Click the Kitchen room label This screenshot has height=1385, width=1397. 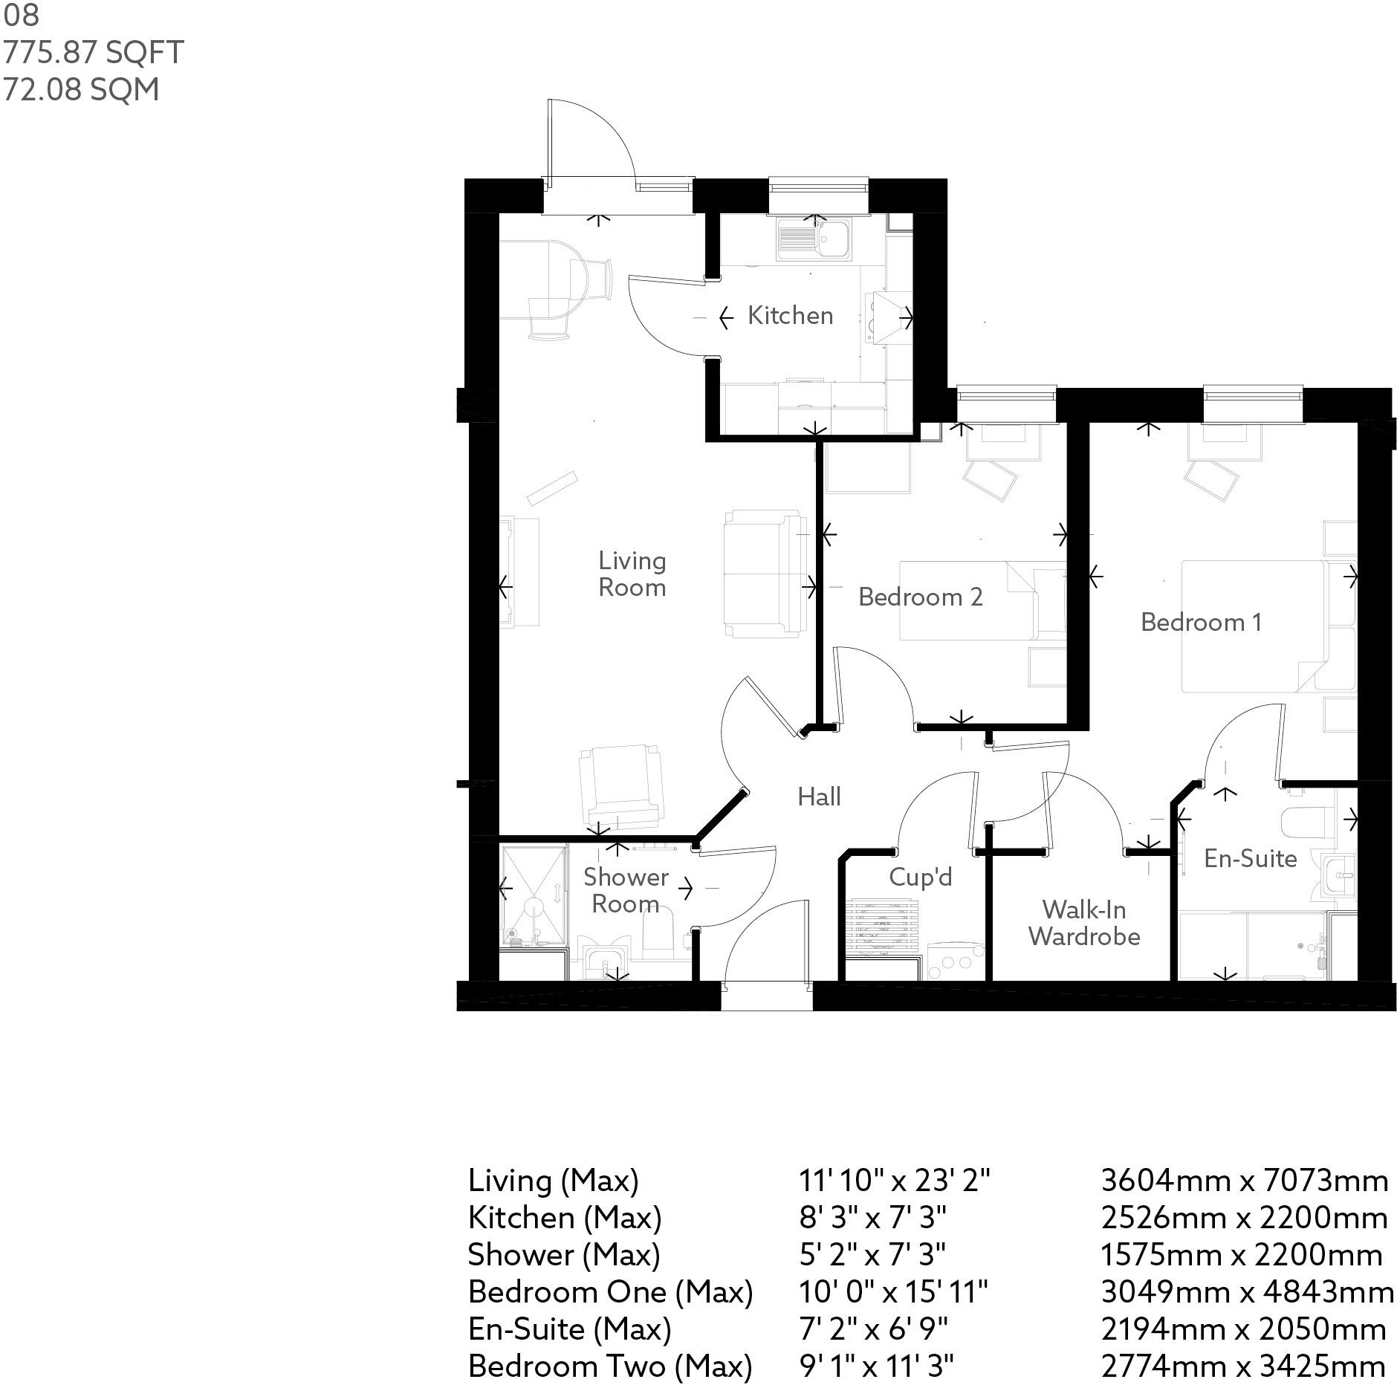click(x=789, y=316)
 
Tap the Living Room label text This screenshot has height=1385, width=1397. click(x=632, y=574)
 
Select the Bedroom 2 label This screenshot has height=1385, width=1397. click(x=920, y=597)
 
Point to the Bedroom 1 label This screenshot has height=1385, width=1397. click(x=1201, y=622)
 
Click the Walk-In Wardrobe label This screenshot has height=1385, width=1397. click(x=1084, y=923)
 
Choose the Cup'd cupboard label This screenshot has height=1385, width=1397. click(x=920, y=878)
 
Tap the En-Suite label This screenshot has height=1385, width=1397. click(x=1250, y=859)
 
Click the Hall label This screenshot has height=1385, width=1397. click(x=819, y=797)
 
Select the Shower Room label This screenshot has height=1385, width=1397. click(x=625, y=890)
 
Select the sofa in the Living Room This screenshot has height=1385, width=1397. click(x=764, y=573)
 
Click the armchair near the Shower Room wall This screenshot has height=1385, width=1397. click(x=620, y=786)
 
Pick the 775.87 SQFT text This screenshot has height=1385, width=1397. click(x=94, y=53)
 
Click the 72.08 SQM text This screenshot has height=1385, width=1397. click(x=82, y=90)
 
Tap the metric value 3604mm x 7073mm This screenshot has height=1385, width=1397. click(x=1243, y=1180)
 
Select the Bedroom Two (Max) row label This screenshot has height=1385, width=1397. click(x=609, y=1366)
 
